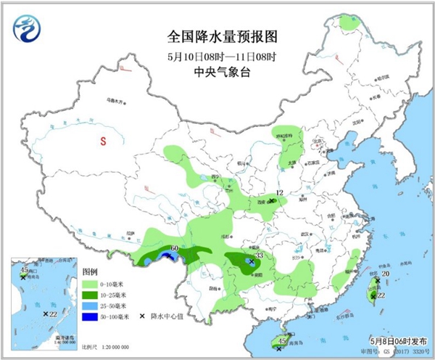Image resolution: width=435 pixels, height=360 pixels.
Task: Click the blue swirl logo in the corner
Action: pyautogui.click(x=28, y=28)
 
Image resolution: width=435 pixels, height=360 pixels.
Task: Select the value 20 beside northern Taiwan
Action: pyautogui.click(x=386, y=274)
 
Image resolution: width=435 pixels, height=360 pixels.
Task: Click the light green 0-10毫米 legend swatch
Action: pyautogui.click(x=90, y=285)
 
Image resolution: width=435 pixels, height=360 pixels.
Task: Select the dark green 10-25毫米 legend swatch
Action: pyautogui.click(x=90, y=295)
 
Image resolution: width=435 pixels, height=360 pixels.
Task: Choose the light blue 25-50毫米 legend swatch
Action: pyautogui.click(x=90, y=306)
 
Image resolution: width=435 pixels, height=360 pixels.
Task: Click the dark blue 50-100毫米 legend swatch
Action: pyautogui.click(x=90, y=316)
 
